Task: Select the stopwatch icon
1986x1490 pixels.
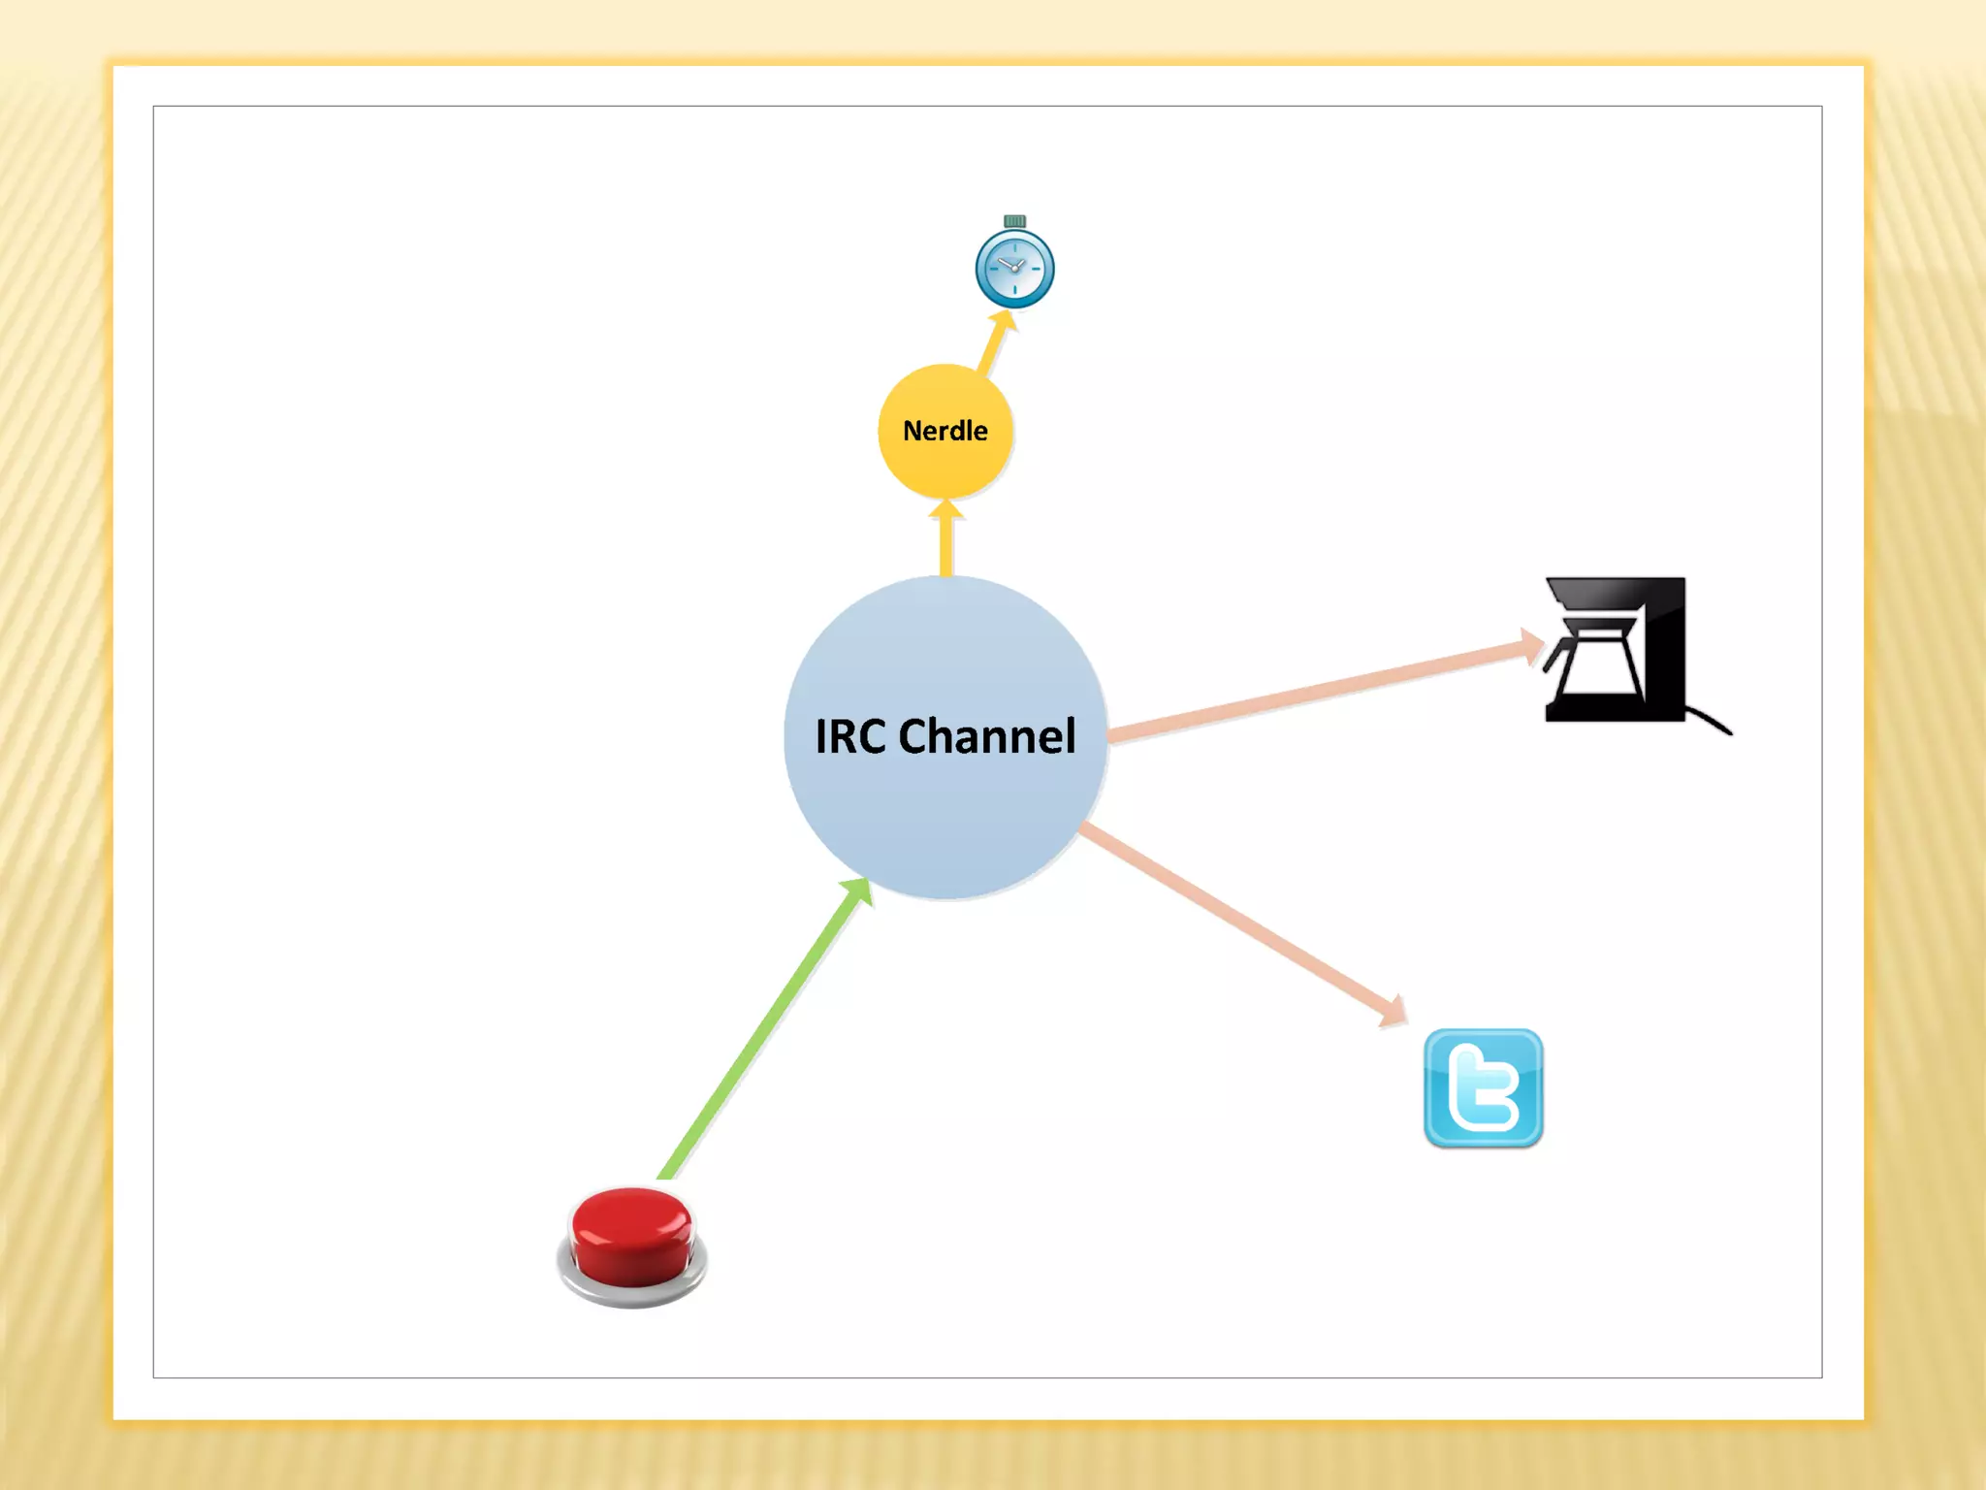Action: tap(1014, 269)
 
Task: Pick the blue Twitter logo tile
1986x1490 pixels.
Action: tap(1483, 1088)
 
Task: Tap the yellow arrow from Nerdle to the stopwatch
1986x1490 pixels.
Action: tap(991, 349)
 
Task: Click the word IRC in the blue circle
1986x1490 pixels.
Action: tap(850, 736)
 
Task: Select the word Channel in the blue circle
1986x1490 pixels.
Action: tap(987, 736)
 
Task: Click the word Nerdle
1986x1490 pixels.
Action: tap(945, 431)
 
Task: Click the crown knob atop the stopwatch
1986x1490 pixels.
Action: tap(1014, 221)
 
